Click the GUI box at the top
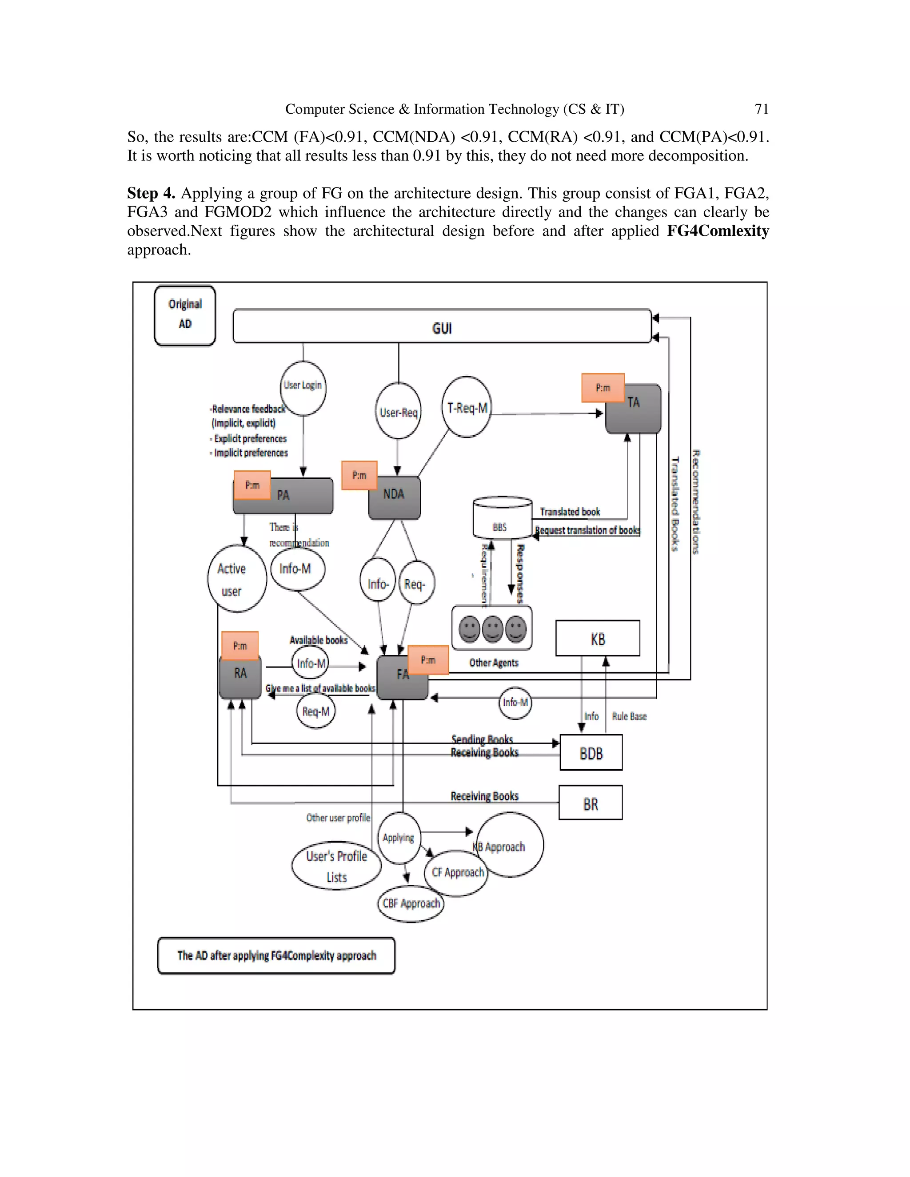point(442,326)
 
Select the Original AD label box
point(185,315)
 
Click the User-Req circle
point(399,412)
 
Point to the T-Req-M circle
point(467,407)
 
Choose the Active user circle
point(237,579)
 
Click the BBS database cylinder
point(503,518)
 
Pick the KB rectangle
point(597,639)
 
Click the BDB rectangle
point(591,753)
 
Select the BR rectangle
point(591,804)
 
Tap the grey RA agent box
point(240,676)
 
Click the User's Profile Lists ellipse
point(336,866)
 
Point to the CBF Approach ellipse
point(411,903)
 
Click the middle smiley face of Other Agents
point(492,628)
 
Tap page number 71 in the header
point(761,109)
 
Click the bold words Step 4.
point(151,193)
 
